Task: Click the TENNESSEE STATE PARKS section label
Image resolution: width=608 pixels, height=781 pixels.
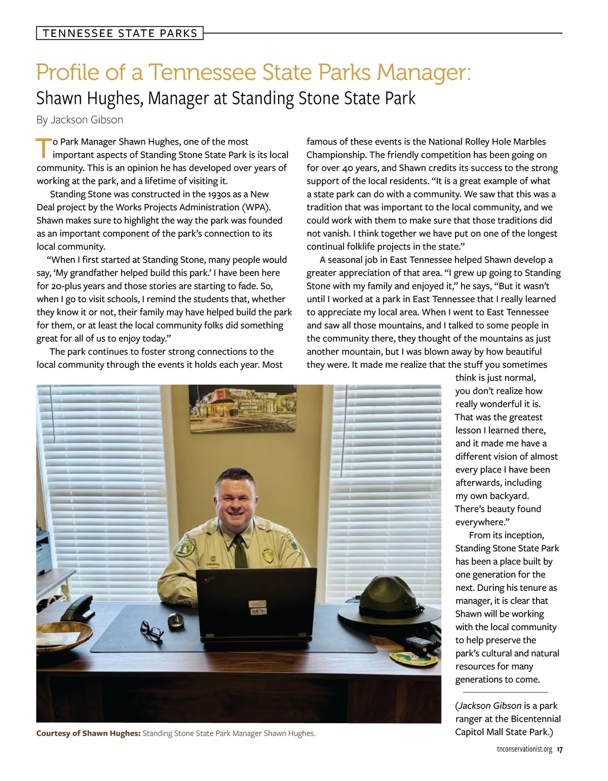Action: coord(120,33)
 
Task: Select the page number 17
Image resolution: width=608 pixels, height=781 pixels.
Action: coord(559,750)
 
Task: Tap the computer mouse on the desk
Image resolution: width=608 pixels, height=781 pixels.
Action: coord(175,620)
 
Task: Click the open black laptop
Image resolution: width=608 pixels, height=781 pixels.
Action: coord(257,603)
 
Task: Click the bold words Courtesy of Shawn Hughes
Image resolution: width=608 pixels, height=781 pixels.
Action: coord(88,733)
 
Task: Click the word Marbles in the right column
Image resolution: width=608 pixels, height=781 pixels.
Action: coord(529,141)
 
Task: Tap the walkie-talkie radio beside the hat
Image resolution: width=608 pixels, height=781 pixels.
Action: coord(415,643)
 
